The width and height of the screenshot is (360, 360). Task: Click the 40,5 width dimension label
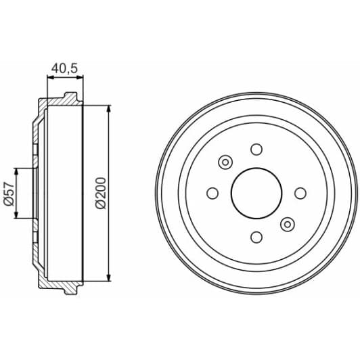point(65,68)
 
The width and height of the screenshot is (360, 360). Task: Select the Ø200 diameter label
point(101,193)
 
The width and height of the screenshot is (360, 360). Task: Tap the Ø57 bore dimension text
point(9,194)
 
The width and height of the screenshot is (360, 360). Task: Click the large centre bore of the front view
point(256,193)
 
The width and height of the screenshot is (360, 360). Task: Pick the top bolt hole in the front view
point(256,150)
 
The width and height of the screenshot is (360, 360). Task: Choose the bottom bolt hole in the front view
point(256,237)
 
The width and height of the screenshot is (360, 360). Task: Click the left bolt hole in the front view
point(212,194)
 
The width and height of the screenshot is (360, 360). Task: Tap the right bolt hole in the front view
point(300,194)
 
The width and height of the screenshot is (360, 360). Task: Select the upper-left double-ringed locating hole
point(225,162)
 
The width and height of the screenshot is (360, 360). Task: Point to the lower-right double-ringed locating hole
point(288,224)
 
